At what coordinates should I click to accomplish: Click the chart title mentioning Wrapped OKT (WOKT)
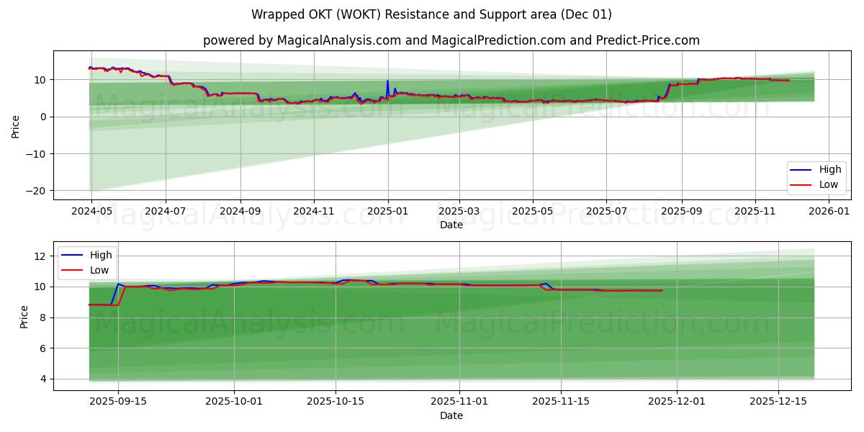click(x=431, y=14)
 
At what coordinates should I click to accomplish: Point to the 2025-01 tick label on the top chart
click(x=388, y=212)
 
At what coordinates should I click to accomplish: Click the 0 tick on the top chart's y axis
click(x=43, y=117)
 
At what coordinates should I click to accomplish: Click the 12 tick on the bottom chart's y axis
click(x=40, y=256)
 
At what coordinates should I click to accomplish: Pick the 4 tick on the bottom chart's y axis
click(x=43, y=379)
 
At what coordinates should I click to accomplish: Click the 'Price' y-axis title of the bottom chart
click(x=24, y=316)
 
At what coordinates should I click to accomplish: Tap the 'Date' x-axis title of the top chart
click(x=451, y=225)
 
